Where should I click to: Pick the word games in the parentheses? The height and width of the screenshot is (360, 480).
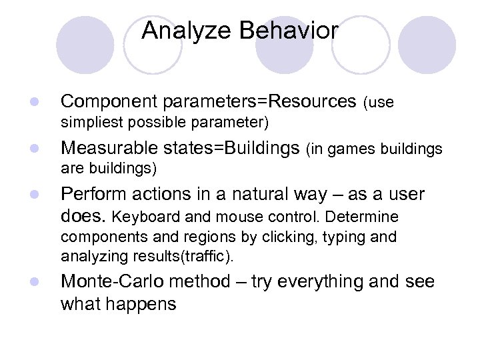pyautogui.click(x=345, y=149)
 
